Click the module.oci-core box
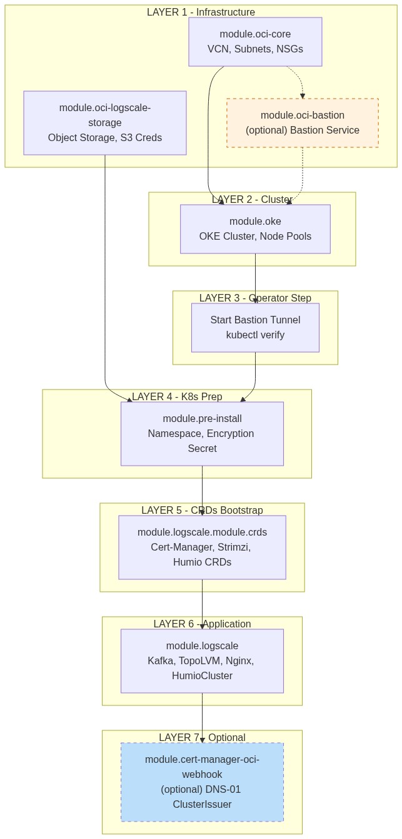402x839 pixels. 255,41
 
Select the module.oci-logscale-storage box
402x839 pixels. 105,122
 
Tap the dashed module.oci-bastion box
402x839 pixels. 303,123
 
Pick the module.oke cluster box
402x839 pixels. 255,229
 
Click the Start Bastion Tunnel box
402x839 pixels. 255,328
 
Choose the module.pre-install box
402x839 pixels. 202,433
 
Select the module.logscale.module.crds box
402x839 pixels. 202,547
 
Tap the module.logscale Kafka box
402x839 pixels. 202,660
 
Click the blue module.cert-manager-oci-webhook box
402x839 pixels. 202,782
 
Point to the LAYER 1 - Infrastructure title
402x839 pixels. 201,12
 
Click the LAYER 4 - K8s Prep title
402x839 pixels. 177,396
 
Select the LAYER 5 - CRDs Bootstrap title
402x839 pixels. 202,510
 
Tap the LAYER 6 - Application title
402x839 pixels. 202,624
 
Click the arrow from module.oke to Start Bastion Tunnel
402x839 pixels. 255,278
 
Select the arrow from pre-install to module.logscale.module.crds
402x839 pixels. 202,490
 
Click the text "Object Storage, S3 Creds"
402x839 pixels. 105,137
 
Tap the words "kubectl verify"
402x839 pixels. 255,335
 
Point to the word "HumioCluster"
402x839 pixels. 202,675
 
